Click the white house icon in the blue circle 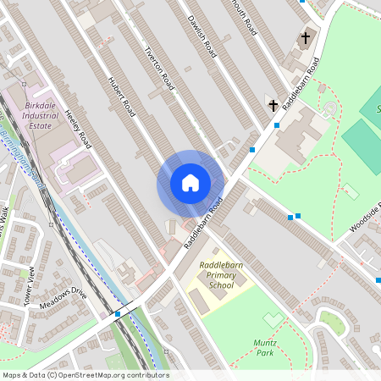point(190,183)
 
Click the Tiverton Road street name point(161,67)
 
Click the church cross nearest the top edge point(305,38)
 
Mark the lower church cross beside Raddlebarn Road point(273,106)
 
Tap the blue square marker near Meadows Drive point(117,314)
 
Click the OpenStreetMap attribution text point(85,375)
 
